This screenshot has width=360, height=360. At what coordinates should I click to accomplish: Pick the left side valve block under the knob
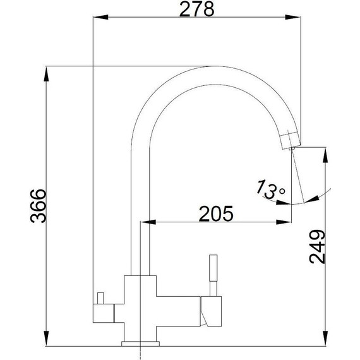[x=104, y=313]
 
